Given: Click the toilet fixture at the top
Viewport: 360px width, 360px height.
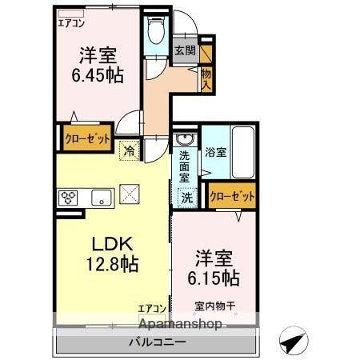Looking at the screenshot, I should (156, 33).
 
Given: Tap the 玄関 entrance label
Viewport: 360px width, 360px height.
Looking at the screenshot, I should (185, 50).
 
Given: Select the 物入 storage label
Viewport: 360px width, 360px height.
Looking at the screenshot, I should (206, 77).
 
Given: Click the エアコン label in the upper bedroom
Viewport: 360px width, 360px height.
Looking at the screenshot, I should (71, 22).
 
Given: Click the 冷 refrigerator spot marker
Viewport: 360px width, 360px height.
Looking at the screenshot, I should (129, 148).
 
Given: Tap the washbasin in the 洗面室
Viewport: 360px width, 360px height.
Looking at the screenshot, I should (182, 142).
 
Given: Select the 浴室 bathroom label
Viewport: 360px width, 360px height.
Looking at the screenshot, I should (214, 151).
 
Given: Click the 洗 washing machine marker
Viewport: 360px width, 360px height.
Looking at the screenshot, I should (186, 196).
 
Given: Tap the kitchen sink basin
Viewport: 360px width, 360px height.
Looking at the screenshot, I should (102, 198).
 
